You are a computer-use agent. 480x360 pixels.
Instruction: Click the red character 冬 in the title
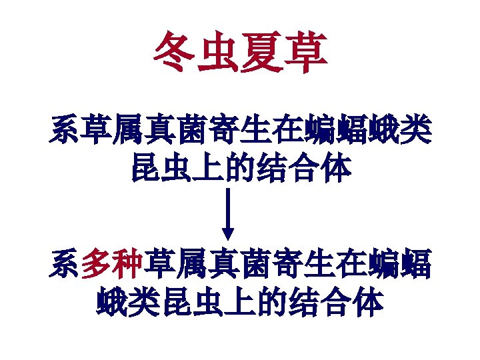[175, 54]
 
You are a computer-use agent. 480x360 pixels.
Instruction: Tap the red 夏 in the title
[261, 54]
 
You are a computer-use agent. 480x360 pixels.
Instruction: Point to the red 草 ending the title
[305, 54]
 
